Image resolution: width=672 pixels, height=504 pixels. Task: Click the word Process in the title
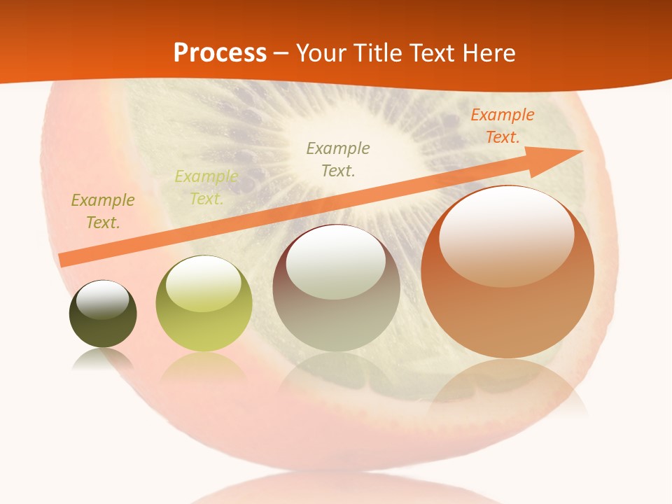[220, 53]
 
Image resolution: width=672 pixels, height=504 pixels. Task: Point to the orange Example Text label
[502, 126]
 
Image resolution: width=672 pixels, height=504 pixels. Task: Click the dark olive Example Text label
[102, 211]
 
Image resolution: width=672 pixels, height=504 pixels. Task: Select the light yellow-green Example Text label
[206, 188]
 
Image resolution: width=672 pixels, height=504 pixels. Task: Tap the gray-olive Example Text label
[338, 159]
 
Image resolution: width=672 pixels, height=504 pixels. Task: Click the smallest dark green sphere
[103, 315]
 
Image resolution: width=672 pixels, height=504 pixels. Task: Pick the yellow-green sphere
[204, 304]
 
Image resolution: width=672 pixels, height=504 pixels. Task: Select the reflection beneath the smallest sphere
[103, 360]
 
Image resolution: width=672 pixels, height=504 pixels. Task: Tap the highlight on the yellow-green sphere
[203, 283]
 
